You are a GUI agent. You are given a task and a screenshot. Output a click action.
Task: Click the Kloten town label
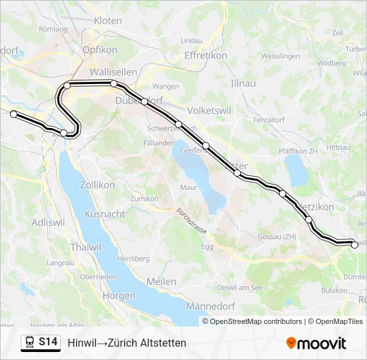point(107,21)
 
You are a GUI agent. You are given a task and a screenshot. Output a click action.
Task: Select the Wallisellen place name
point(113,72)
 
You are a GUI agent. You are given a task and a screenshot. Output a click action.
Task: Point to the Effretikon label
point(206,55)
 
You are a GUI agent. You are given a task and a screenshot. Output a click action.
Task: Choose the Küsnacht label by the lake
point(105,214)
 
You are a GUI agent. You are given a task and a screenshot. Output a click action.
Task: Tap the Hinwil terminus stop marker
point(354,245)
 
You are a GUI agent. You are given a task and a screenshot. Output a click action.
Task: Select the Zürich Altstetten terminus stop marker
point(13,114)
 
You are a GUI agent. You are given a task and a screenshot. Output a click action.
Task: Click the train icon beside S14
point(29,342)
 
